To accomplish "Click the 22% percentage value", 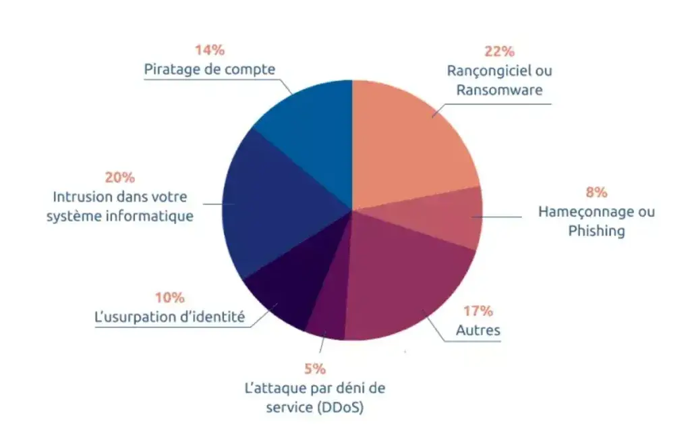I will click(499, 51).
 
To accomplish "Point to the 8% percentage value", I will click(596, 193).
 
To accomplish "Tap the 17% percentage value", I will click(478, 311).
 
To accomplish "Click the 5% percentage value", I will click(315, 369).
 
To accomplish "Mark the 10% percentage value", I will click(169, 298).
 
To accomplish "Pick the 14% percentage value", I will click(210, 51).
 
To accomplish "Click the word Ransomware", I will click(499, 90).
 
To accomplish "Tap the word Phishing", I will click(596, 231).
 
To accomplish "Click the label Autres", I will click(478, 331).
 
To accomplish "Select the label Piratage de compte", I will click(210, 70).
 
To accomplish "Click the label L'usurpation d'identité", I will click(169, 317).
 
